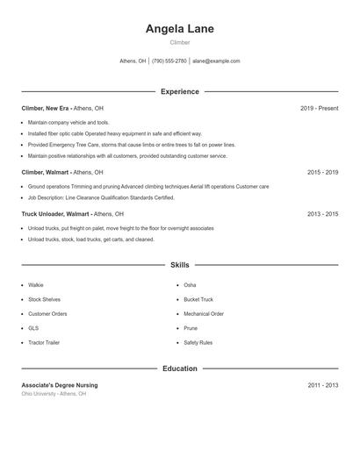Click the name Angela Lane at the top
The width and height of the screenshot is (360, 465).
tap(179, 28)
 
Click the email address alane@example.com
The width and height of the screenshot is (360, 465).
tap(216, 61)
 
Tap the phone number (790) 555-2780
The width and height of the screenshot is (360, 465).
tap(169, 61)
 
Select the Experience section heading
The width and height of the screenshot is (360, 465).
tap(179, 91)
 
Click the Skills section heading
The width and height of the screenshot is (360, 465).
tap(179, 264)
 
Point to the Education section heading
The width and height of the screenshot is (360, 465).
tap(179, 368)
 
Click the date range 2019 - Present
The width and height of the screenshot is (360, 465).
tap(319, 108)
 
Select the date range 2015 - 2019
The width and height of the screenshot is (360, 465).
tap(322, 173)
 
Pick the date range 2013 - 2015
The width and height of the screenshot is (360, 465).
tap(322, 213)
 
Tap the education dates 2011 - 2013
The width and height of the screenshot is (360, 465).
tap(322, 385)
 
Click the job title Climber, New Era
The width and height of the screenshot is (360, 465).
tap(47, 108)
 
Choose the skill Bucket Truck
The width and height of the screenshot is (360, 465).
tap(198, 299)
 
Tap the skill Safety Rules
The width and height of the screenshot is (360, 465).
tap(198, 342)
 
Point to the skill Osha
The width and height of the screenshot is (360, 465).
tap(190, 285)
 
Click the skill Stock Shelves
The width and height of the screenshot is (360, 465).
tap(46, 299)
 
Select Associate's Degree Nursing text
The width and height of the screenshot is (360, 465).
tap(60, 385)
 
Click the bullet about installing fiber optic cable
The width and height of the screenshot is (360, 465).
tap(114, 133)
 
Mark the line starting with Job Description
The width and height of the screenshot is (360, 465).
tap(101, 197)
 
